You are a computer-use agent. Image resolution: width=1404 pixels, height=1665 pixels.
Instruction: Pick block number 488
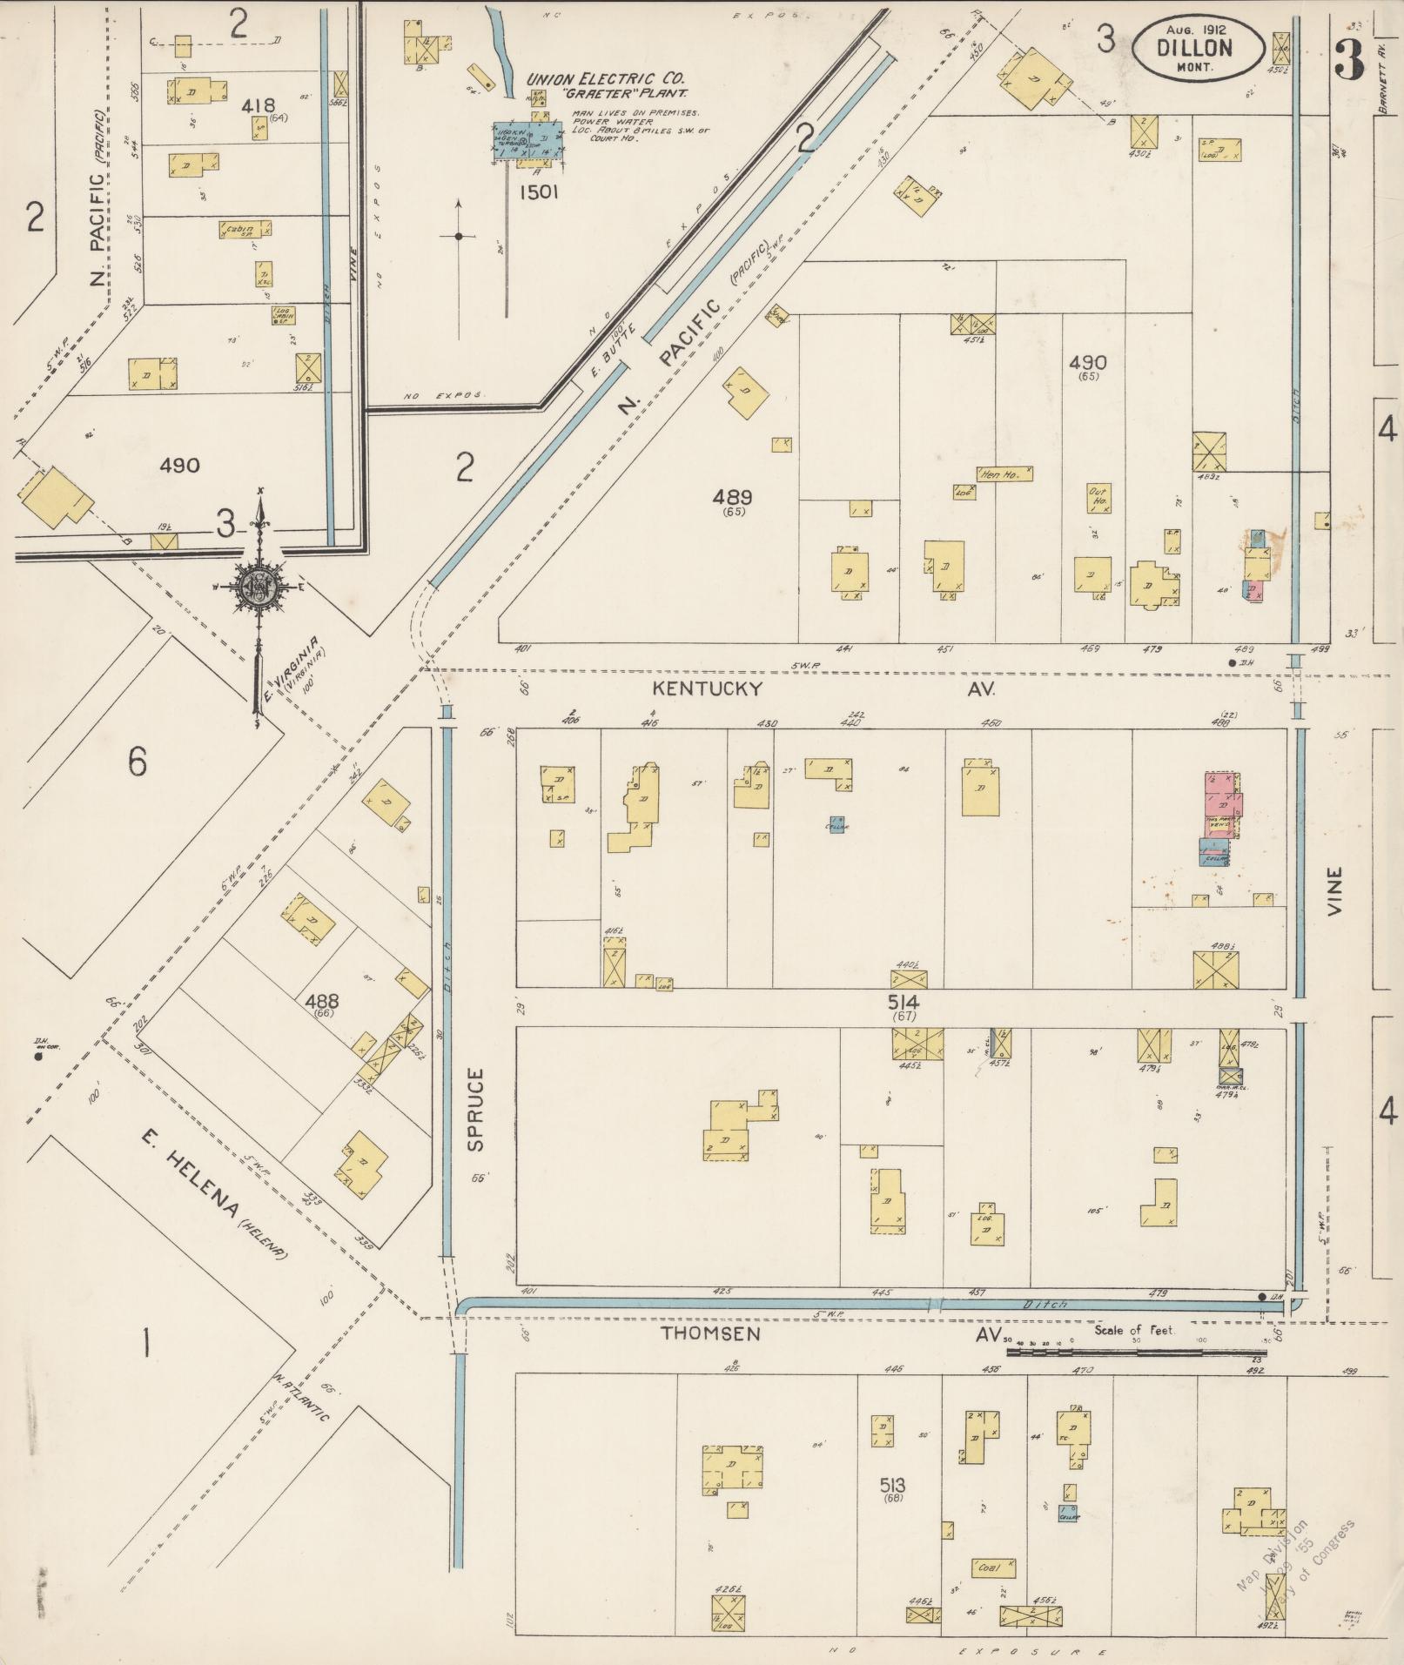[x=322, y=1001]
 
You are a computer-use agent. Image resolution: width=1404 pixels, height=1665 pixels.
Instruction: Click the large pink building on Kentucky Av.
[x=1223, y=794]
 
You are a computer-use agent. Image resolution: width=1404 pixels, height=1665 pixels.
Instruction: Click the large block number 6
[x=138, y=762]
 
